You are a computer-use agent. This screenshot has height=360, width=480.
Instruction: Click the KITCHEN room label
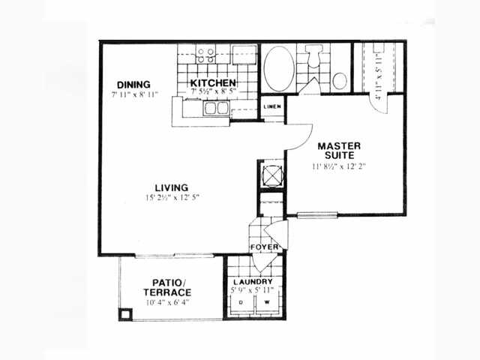213,82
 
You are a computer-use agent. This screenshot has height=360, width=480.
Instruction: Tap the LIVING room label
171,187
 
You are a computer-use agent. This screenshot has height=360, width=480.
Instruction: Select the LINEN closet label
272,106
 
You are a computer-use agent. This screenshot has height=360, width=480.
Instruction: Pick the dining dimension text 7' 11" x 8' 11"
134,95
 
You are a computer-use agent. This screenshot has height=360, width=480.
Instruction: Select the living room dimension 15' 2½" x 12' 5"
172,198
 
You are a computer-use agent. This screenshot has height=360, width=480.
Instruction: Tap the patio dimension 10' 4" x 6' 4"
167,303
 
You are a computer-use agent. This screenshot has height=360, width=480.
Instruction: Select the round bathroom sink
340,80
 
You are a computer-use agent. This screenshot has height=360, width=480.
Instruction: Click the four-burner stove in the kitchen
205,55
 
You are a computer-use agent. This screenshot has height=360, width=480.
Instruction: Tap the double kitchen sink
217,109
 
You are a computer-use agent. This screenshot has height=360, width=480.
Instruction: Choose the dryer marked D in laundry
241,304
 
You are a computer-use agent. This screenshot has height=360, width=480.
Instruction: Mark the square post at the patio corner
125,314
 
